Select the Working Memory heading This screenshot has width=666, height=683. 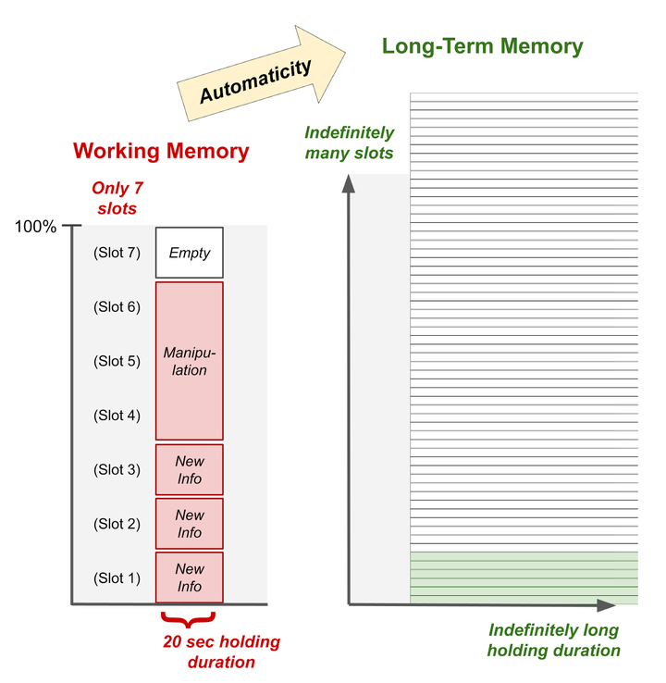click(161, 151)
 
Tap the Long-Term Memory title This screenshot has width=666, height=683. click(482, 46)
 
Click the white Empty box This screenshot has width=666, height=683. click(190, 252)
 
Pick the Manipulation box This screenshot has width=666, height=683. click(190, 360)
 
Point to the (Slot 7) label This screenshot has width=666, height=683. click(117, 253)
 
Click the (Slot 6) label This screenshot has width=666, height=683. click(117, 306)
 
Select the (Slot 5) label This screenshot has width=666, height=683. click(117, 361)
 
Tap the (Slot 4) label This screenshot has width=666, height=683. click(117, 416)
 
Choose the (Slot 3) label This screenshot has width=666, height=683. click(117, 469)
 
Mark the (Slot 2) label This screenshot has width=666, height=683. click(117, 524)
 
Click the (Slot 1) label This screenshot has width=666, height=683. click(117, 578)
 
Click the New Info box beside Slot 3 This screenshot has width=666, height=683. click(190, 469)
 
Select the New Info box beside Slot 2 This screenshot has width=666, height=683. click(190, 523)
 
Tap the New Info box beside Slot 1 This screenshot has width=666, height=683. click(190, 577)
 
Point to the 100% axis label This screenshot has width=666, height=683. click(36, 227)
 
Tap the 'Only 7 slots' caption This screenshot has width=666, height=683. click(117, 199)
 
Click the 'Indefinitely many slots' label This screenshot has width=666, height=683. click(349, 143)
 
